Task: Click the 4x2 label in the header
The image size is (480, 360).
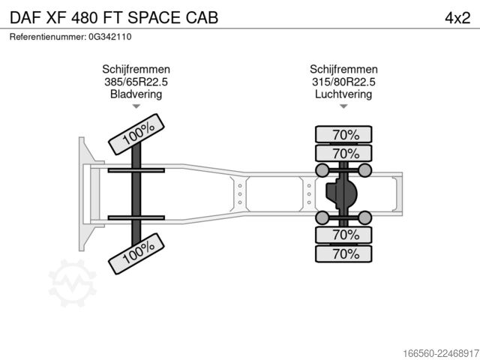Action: [457, 18]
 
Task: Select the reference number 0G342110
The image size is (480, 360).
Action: [110, 37]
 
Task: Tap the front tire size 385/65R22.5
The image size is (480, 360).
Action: [136, 82]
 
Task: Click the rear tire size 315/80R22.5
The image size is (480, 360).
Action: [343, 82]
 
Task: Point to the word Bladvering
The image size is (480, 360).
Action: [136, 94]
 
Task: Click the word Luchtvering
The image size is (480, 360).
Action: [343, 94]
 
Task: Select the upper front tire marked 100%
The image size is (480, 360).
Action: [136, 134]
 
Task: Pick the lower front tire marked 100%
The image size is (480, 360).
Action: [136, 253]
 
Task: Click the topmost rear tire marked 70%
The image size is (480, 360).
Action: [343, 134]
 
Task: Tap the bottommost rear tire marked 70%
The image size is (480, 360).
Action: [343, 253]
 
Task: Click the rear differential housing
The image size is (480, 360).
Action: [341, 193]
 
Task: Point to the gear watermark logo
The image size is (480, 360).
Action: [72, 283]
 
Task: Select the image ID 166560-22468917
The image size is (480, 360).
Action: [441, 353]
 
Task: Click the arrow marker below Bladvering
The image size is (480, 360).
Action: [136, 106]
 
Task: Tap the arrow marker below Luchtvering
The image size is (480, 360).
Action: [343, 106]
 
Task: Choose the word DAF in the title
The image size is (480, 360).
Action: [25, 18]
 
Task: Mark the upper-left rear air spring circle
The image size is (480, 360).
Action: [322, 170]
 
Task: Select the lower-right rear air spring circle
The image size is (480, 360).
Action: [365, 217]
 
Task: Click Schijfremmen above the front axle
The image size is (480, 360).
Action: [136, 69]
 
